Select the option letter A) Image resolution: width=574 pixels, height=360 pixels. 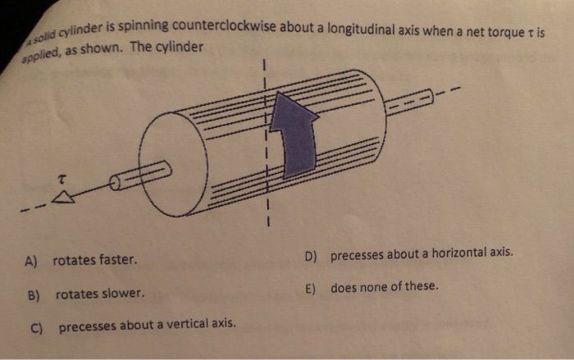pos(32,262)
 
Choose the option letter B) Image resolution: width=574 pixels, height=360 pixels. pos(33,293)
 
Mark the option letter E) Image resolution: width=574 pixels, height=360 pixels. pos(311,288)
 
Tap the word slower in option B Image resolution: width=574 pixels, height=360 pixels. pos(124,293)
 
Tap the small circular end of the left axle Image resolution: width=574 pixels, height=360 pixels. pos(116,183)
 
